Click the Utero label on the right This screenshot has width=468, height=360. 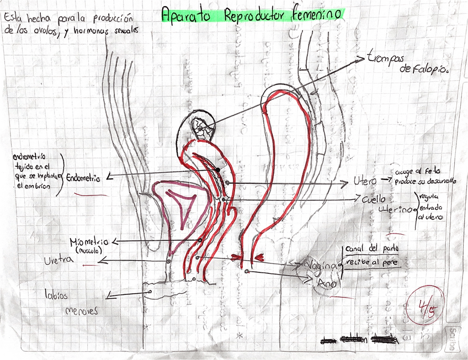(365, 181)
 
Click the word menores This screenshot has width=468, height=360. (81, 310)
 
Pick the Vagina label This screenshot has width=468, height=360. (322, 266)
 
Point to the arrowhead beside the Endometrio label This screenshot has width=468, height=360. (109, 177)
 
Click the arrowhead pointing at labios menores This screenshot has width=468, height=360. (110, 297)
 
